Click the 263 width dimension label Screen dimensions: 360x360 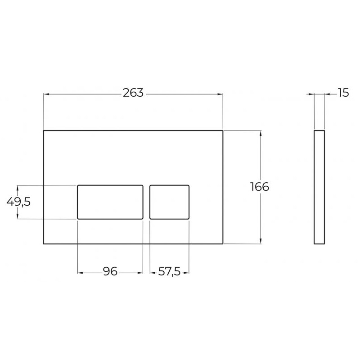click(x=133, y=93)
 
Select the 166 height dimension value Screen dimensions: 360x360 click(x=260, y=187)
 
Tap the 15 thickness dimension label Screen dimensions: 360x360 click(x=343, y=93)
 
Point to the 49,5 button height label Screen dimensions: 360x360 click(x=18, y=202)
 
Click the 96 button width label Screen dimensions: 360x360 click(x=110, y=272)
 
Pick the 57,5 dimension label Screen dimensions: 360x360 click(x=169, y=272)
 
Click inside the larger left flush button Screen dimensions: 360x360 click(x=110, y=202)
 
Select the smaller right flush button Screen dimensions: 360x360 click(x=169, y=202)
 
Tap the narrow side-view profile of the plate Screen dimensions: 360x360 click(x=319, y=187)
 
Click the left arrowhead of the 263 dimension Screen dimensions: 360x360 click(x=46, y=94)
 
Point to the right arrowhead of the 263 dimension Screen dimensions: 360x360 click(x=220, y=94)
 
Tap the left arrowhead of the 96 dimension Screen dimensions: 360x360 click(x=80, y=272)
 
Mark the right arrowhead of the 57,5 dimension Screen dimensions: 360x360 click(x=187, y=272)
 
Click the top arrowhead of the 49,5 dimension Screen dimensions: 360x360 click(x=18, y=187)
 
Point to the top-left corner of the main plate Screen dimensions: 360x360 click(x=44, y=131)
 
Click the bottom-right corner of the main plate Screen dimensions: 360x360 click(x=223, y=244)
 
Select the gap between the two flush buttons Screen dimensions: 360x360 click(x=146, y=202)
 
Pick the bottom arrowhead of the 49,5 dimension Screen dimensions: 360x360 click(x=18, y=216)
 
